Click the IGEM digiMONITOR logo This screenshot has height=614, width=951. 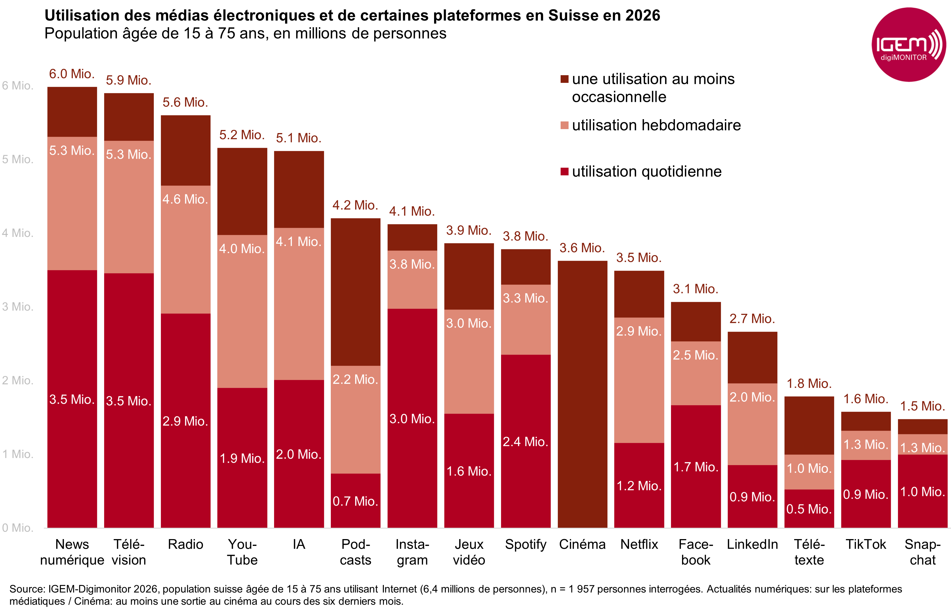(908, 45)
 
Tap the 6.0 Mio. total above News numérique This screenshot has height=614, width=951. (72, 74)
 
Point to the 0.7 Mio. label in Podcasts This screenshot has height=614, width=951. (355, 501)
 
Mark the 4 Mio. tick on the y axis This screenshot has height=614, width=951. (18, 233)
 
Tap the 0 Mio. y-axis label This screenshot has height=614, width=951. (18, 527)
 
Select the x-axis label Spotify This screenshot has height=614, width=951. (525, 544)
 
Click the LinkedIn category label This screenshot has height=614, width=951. (752, 544)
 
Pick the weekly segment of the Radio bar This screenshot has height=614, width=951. (185, 250)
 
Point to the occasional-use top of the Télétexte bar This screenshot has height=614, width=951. (809, 425)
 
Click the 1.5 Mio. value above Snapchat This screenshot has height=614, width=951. (922, 406)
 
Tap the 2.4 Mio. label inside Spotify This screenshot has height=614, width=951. (525, 442)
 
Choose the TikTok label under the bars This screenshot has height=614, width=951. (866, 544)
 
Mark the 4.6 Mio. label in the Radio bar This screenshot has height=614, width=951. (185, 199)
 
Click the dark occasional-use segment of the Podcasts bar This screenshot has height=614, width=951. (355, 292)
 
